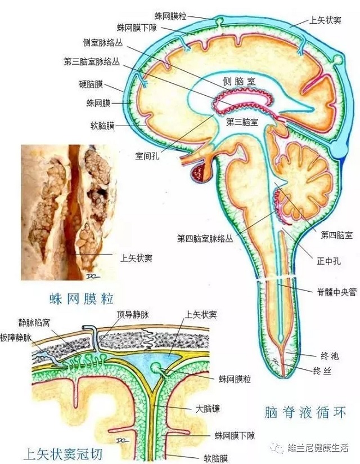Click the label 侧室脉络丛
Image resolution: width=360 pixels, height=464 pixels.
click(102, 43)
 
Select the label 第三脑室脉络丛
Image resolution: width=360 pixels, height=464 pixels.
click(92, 62)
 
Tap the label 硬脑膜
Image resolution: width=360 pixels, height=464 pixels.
click(91, 84)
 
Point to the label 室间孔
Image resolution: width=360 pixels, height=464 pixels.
click(147, 156)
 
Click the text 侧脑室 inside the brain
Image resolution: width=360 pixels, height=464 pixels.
click(239, 82)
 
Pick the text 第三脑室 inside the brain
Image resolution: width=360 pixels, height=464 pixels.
click(242, 122)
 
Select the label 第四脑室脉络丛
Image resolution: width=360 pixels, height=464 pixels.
click(205, 239)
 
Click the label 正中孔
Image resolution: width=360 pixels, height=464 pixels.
click(328, 261)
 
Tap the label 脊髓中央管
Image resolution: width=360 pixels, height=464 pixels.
click(336, 292)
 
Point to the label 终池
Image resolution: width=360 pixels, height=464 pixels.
click(330, 356)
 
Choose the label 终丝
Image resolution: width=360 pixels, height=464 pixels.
click(322, 371)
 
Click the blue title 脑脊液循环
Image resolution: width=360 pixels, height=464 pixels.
click(305, 412)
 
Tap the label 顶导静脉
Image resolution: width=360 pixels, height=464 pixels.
click(132, 315)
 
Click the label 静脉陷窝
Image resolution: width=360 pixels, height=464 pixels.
click(34, 323)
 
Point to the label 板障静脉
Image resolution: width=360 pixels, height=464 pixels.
click(16, 338)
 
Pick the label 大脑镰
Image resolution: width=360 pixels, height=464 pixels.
click(208, 409)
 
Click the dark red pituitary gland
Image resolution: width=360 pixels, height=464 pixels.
click(200, 173)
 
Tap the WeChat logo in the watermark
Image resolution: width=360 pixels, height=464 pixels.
click(277, 448)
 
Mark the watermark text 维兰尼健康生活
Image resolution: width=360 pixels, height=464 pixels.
click(318, 448)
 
